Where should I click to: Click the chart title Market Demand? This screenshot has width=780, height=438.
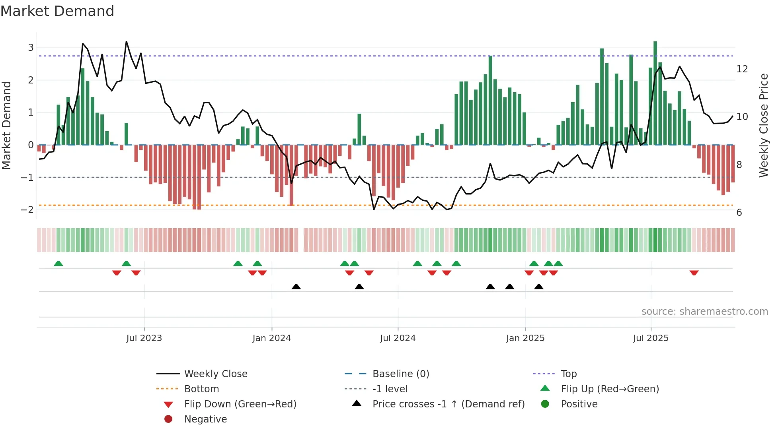click(57, 11)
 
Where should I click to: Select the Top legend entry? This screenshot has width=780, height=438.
click(568, 374)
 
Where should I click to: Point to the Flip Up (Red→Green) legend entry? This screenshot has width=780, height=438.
click(610, 389)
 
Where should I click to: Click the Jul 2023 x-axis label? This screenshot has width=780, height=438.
click(144, 338)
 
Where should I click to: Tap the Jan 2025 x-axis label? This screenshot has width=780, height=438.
click(525, 338)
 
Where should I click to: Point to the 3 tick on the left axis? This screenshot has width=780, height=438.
click(31, 48)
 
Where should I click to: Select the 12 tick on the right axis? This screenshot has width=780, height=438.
click(742, 69)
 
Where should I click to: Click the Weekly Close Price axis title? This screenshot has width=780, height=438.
click(763, 125)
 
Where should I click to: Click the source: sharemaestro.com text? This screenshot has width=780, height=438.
click(704, 311)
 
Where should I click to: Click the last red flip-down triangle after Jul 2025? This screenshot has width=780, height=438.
click(694, 273)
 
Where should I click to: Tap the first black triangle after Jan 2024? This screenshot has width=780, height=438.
click(296, 287)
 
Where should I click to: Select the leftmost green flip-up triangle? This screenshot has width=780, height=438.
click(58, 264)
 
